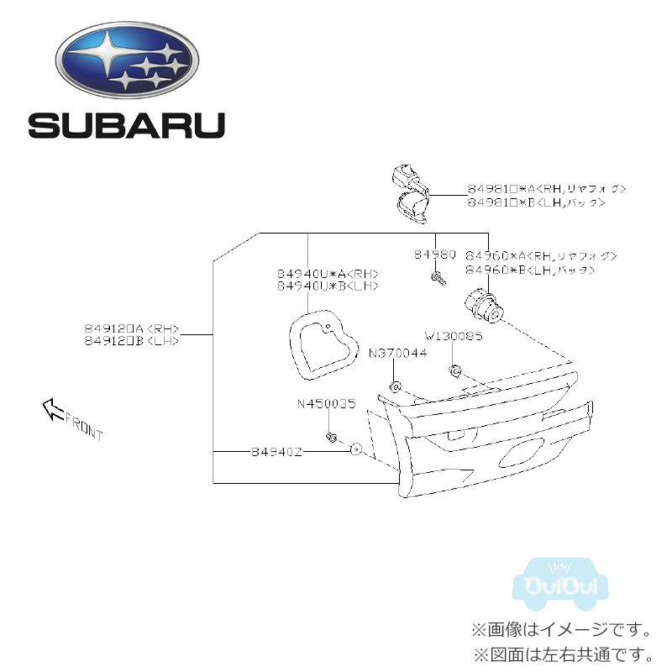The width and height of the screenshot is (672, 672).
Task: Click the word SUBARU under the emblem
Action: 127,126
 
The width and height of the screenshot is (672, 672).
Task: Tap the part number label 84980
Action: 434,254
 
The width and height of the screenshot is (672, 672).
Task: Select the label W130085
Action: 453,336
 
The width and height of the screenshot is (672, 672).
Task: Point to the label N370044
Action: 397,354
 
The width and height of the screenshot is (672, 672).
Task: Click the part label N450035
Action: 326,403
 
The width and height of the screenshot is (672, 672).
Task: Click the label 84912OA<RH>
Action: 132,329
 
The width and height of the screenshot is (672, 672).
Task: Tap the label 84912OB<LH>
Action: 132,342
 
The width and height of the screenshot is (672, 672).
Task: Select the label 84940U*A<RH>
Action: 328,274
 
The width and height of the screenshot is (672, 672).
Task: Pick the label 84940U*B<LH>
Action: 328,286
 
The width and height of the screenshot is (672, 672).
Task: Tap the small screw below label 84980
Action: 438,277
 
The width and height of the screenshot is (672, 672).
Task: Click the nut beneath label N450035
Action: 331,437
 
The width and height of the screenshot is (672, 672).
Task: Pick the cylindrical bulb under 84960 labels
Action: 485,307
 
